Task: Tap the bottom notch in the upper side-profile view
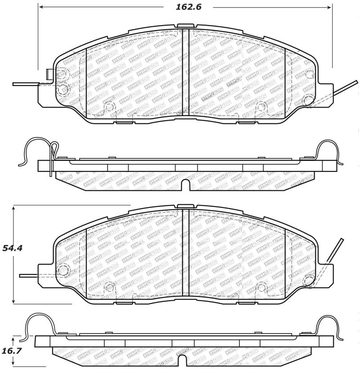pos(184,185)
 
